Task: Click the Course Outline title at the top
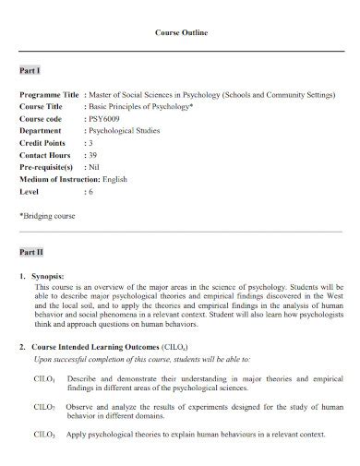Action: point(180,32)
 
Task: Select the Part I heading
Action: point(30,70)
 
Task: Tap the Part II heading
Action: point(31,251)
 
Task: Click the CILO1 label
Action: point(44,380)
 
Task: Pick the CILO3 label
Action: point(44,434)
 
